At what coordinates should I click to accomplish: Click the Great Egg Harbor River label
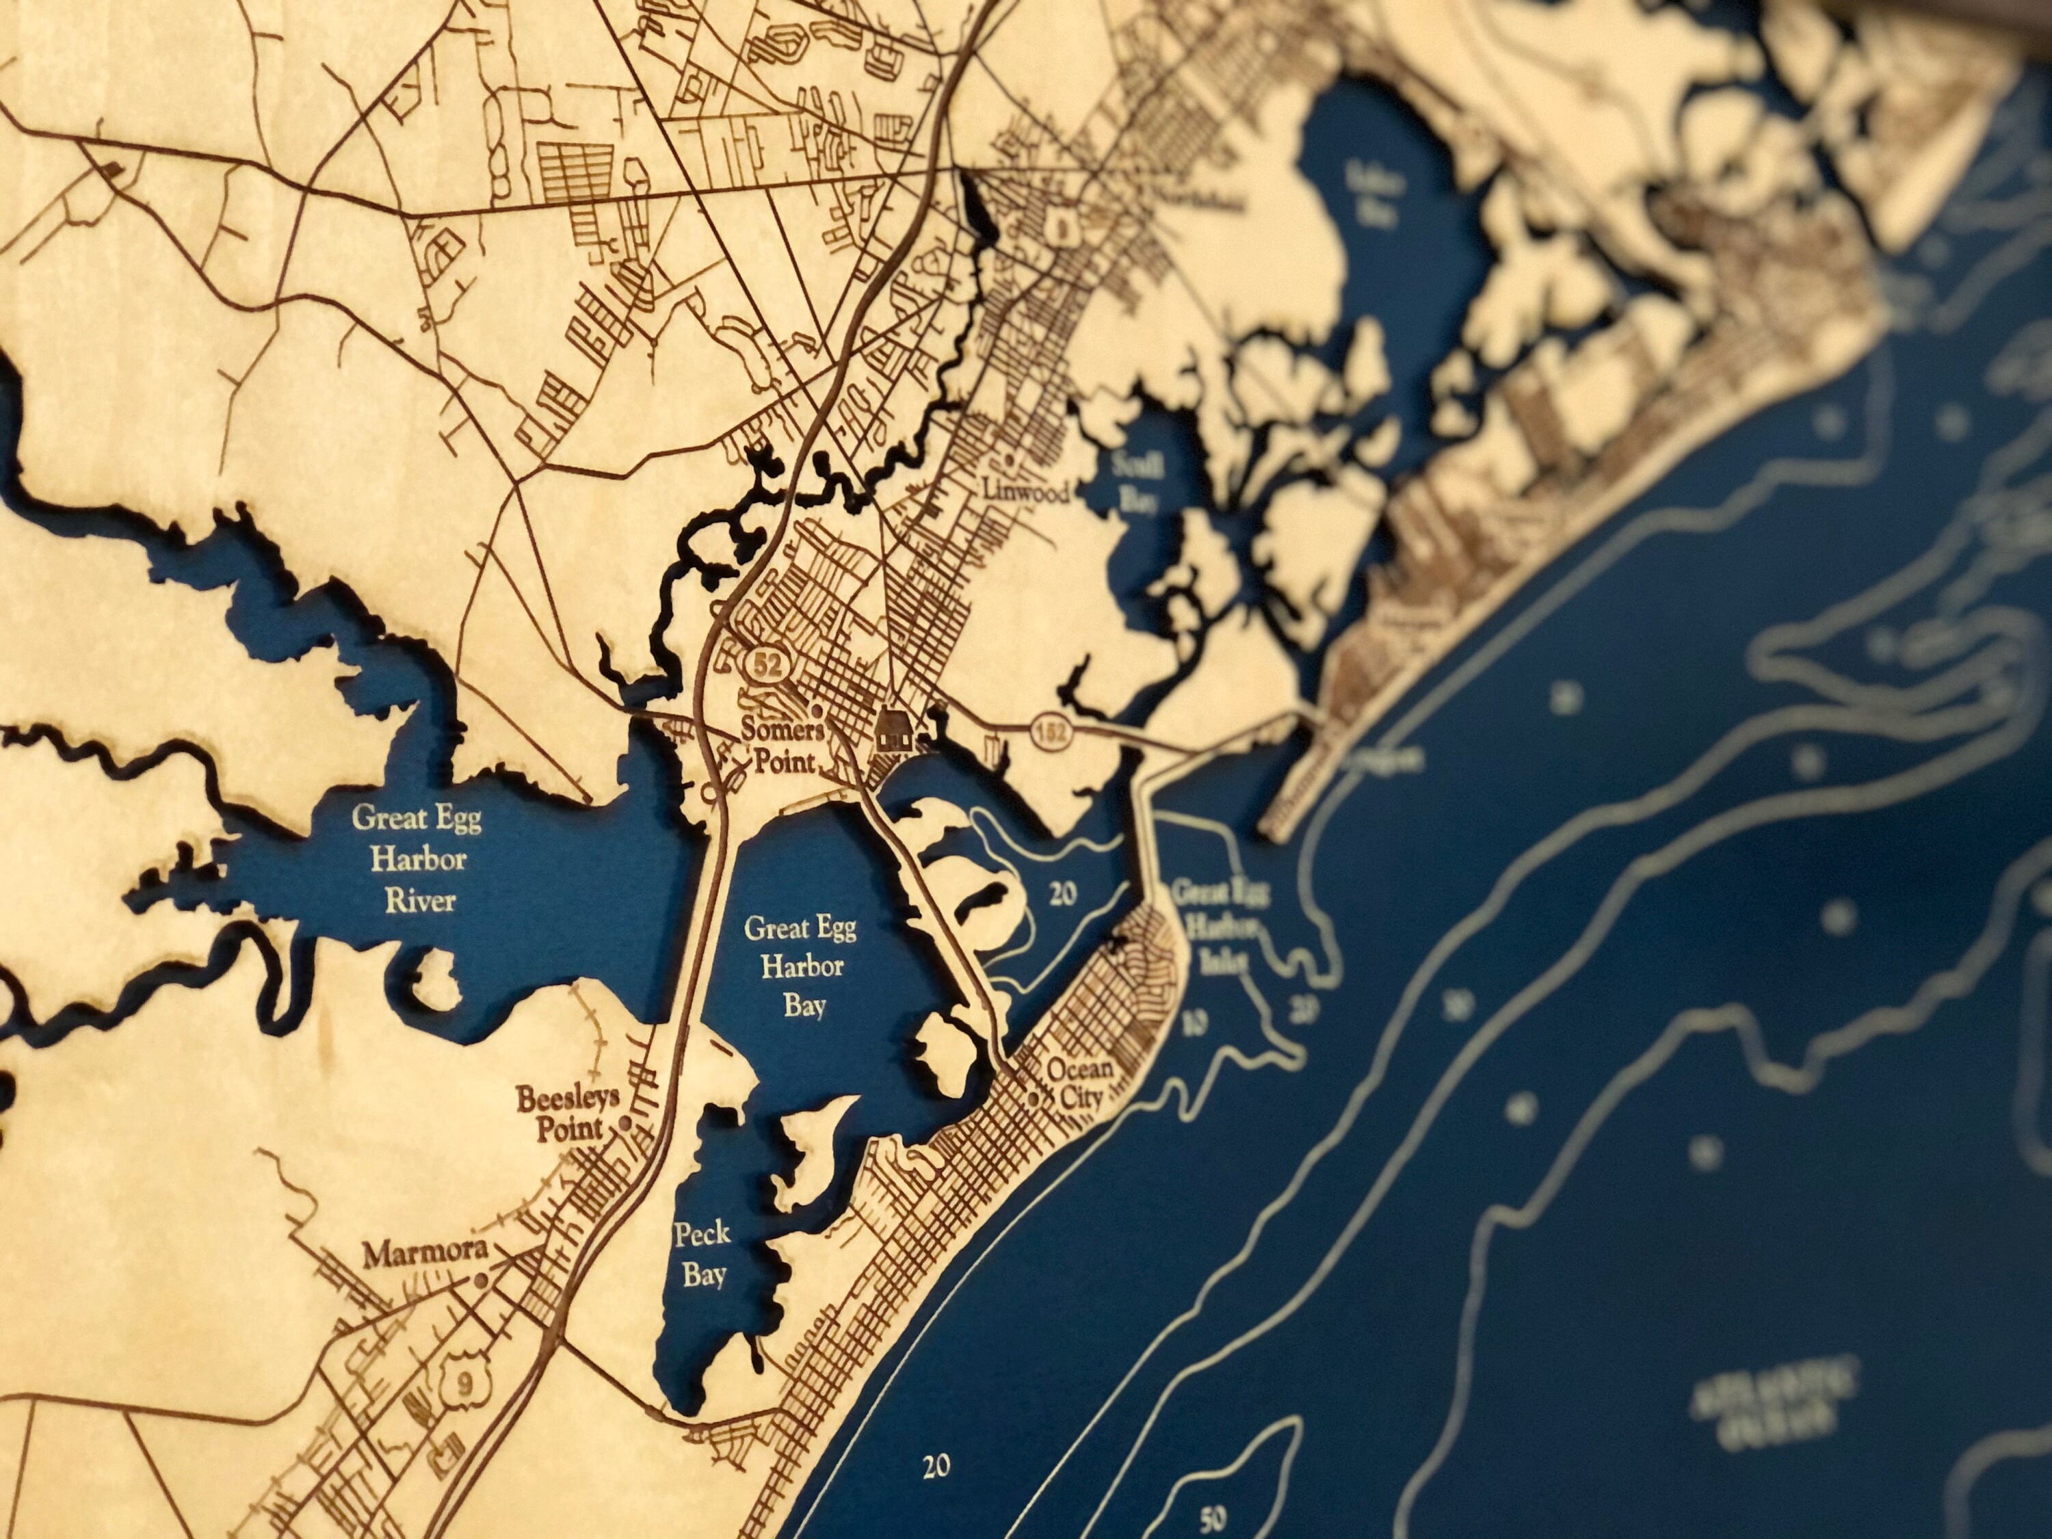point(416,859)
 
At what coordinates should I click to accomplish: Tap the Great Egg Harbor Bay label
point(799,966)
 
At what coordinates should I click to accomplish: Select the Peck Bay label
point(702,1254)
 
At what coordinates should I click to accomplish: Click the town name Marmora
point(424,1254)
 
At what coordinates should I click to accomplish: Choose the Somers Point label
point(782,745)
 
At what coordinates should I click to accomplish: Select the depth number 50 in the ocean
point(1211,1518)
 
